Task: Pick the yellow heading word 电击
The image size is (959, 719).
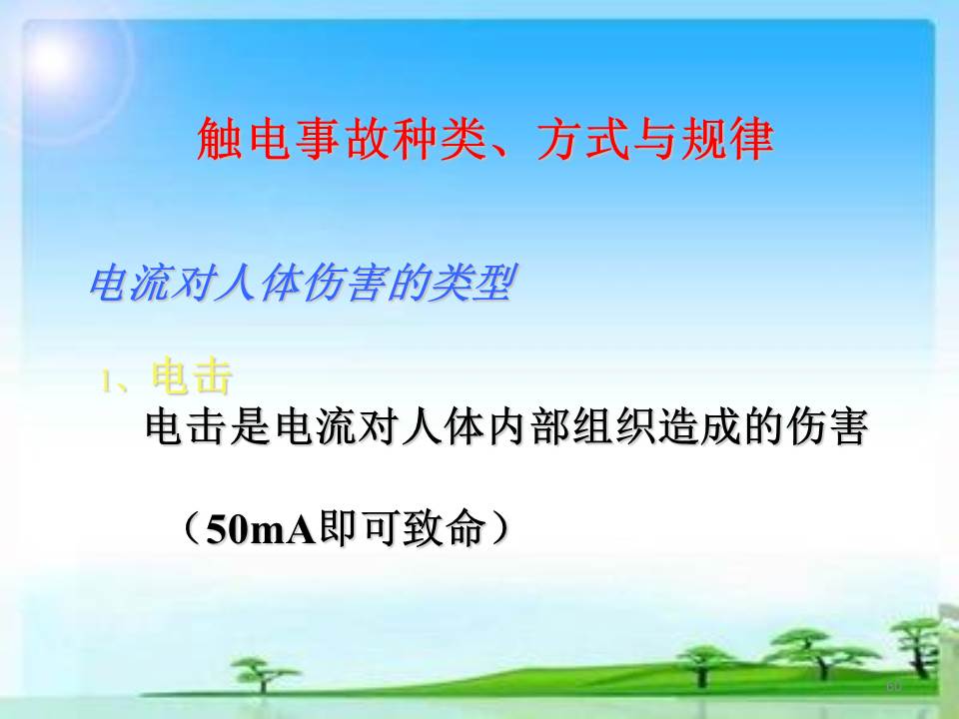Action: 192,376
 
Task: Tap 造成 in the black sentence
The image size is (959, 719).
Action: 700,426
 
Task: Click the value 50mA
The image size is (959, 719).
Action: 261,529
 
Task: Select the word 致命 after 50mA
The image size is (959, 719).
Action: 444,528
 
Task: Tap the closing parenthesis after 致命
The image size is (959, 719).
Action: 499,528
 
